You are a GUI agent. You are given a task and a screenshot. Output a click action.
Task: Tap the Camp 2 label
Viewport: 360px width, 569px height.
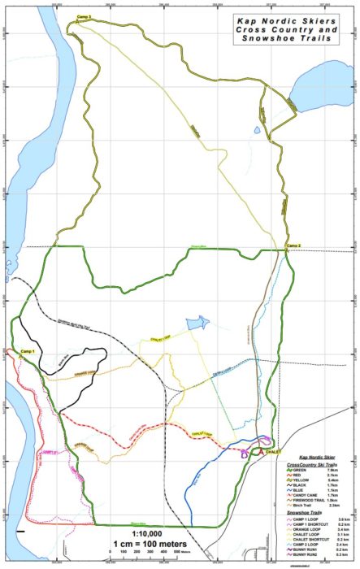tap(293, 245)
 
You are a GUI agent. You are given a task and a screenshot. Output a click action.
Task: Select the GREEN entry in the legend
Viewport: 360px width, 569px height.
tap(304, 470)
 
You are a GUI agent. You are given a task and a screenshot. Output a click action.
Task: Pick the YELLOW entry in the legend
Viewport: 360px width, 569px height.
tap(306, 481)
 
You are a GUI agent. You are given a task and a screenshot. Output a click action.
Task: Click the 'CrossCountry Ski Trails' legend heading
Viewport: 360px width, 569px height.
tap(312, 463)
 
